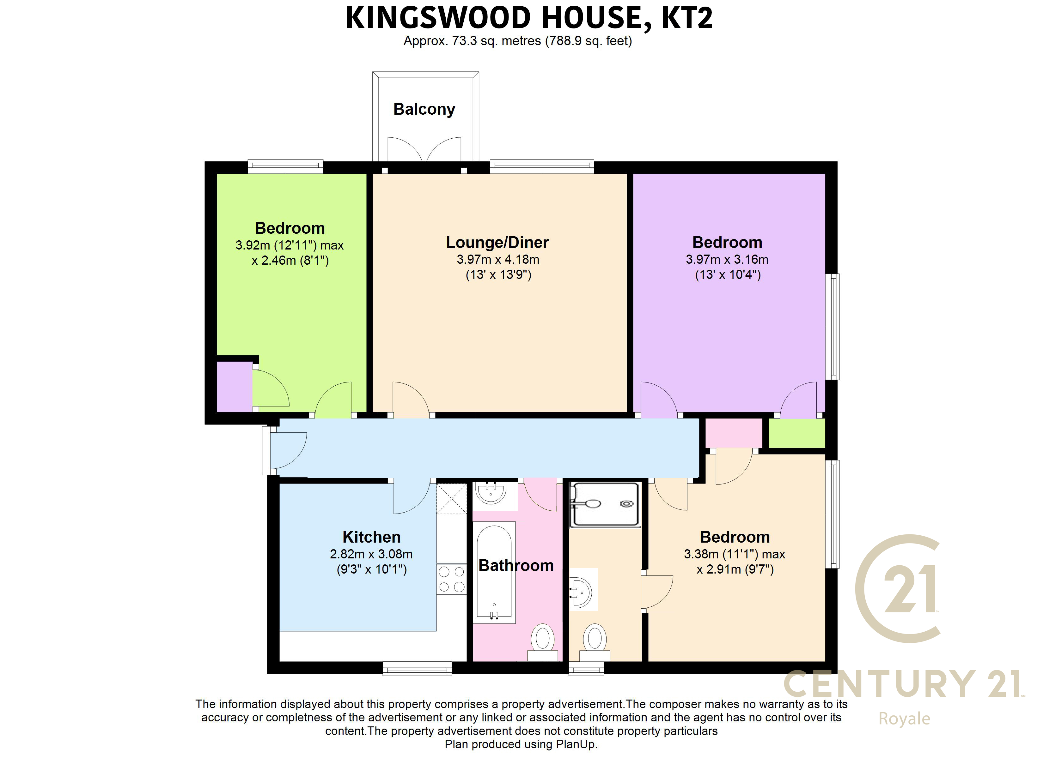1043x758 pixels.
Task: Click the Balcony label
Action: pos(424,109)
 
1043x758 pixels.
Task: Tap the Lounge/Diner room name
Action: pos(497,242)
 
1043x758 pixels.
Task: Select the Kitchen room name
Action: pos(372,537)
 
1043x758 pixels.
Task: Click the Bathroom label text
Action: pos(516,565)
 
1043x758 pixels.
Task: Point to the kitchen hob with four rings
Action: pos(452,580)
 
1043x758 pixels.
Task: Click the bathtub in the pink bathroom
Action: pos(494,572)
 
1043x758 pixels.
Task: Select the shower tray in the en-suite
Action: pos(604,505)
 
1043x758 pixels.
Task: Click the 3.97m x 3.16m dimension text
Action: pos(727,259)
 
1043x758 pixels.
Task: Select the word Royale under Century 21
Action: pos(904,719)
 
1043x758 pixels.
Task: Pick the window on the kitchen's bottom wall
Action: pos(417,668)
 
